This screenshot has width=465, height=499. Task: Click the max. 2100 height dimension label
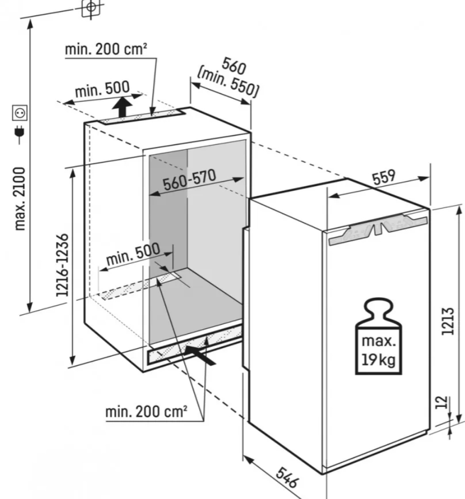tap(20, 198)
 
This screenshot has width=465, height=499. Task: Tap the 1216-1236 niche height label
tap(62, 265)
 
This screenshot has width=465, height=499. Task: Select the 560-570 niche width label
tap(189, 180)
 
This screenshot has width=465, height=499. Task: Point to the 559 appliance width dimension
tap(384, 177)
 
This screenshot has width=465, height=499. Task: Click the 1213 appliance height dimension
tap(448, 321)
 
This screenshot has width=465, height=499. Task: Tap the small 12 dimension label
tap(442, 402)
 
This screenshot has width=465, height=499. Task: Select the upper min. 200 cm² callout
tap(106, 49)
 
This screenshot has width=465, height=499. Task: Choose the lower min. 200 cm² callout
tap(146, 412)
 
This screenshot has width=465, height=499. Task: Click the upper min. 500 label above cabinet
tap(102, 89)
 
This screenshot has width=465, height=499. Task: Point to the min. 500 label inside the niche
tap(133, 254)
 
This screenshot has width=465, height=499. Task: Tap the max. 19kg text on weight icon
tap(379, 350)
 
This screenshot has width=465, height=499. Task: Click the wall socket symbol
tap(20, 112)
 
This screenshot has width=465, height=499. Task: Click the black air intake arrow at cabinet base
tap(200, 355)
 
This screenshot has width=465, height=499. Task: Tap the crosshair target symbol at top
tap(91, 7)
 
